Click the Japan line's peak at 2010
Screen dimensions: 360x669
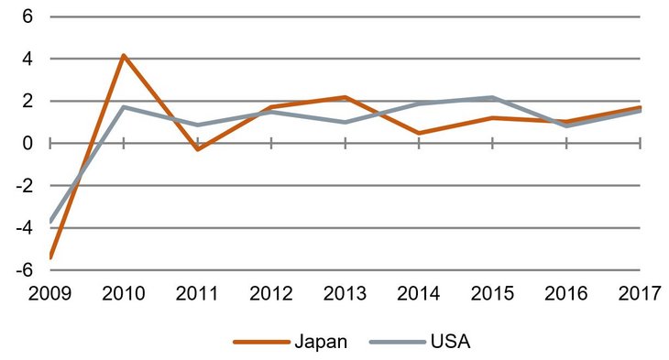(123, 56)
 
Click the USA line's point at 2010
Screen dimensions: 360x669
(123, 107)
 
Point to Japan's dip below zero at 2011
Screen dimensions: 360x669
(197, 149)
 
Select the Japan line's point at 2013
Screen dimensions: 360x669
(345, 97)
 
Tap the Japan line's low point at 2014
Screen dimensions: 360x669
(419, 133)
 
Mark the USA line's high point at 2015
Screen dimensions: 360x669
(492, 97)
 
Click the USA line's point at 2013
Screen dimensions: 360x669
(345, 122)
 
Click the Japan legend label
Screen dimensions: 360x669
(321, 343)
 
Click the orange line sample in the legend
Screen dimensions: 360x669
(261, 343)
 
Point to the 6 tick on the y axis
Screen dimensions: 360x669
(27, 16)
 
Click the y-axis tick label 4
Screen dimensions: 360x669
(27, 59)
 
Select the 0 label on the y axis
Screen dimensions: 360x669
(27, 143)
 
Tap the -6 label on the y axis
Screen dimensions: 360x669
(25, 270)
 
